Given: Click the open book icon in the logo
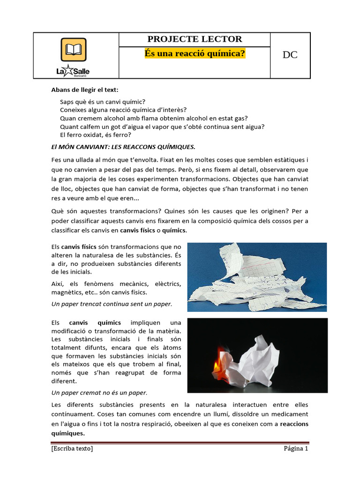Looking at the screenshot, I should pos(74,50).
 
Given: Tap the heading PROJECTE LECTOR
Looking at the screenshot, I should pos(195,39).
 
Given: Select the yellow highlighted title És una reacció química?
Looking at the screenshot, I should pos(195,54).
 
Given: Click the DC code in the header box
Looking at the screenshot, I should pos(290,55).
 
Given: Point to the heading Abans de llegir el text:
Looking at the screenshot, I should pos(85,90).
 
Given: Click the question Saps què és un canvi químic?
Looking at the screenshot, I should pos(103,101).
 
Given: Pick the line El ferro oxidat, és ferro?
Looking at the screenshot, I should pos(95,135).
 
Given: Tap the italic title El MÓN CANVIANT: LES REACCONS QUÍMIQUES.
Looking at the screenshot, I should pos(123,147).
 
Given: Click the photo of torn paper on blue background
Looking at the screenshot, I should pos(257,277).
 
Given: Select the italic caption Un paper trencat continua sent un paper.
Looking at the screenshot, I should pos(112,304).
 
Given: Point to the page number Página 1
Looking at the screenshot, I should pos(295,449).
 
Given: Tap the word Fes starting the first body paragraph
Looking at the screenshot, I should pos(56,160).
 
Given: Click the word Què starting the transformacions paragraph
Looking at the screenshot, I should pos(58,211).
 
